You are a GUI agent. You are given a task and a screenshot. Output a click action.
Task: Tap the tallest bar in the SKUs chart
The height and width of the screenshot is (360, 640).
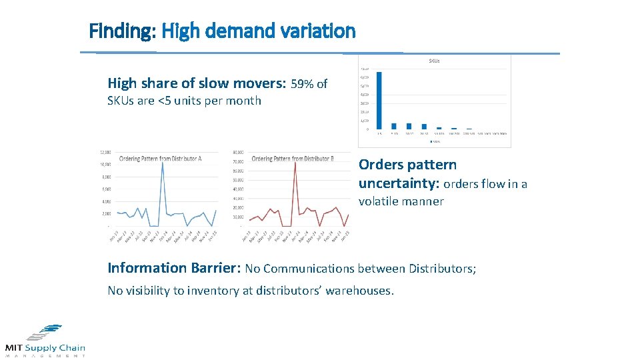tap(379, 100)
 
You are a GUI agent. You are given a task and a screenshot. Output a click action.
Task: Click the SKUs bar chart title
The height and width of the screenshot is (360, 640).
tap(433, 61)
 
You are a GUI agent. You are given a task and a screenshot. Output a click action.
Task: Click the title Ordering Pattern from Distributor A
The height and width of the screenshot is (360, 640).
tap(160, 159)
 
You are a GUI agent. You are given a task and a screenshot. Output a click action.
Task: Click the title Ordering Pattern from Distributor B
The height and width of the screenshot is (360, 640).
tap(293, 159)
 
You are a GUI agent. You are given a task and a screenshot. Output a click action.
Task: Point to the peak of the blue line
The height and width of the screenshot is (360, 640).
tap(162, 163)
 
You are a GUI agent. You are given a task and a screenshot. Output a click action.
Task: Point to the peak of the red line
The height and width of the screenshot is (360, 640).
tap(295, 163)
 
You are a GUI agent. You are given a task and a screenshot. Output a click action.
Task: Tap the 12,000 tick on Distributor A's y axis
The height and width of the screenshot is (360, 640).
tap(105, 152)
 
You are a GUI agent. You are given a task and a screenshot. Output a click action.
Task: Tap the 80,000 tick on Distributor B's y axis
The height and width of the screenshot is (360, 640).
tap(238, 152)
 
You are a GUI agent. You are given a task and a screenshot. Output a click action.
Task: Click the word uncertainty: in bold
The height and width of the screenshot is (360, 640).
tap(398, 183)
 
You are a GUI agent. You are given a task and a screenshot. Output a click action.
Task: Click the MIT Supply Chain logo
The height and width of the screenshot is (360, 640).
tap(45, 340)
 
